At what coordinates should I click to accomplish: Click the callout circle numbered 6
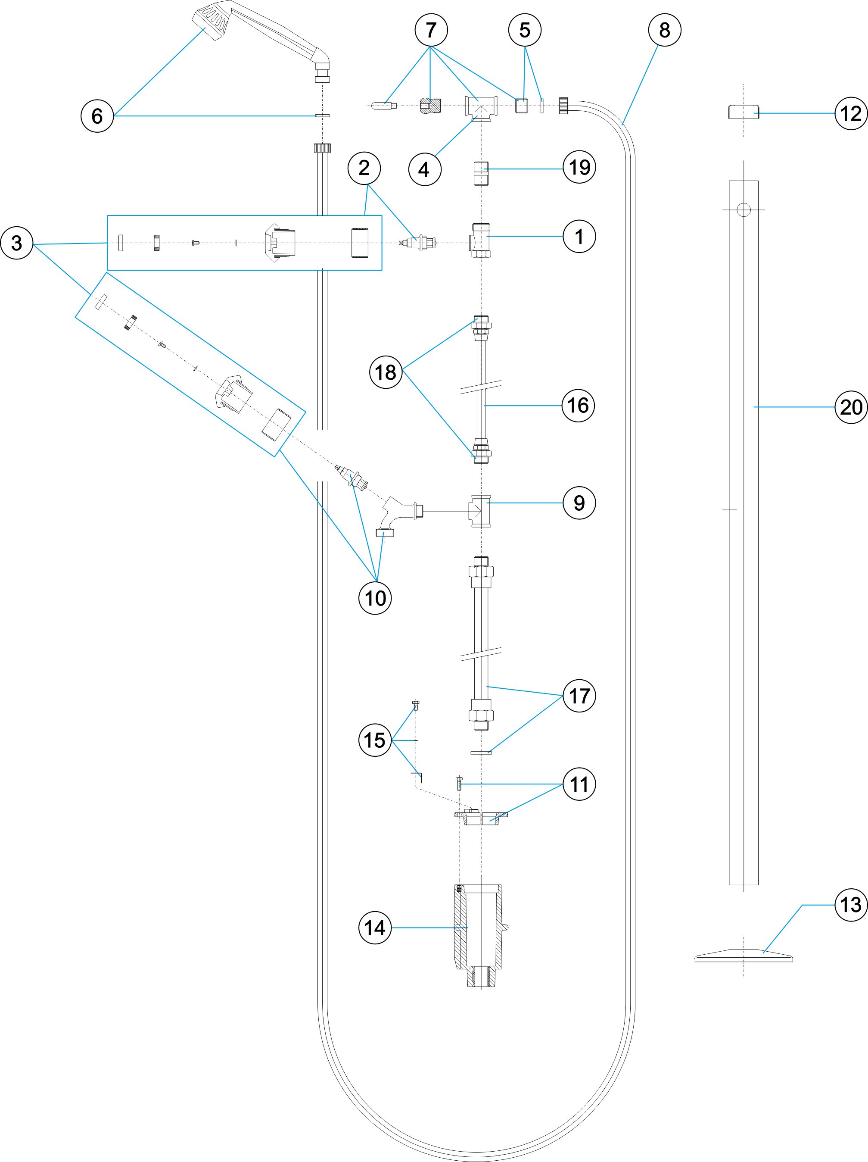tap(97, 116)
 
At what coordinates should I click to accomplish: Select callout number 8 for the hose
tap(664, 30)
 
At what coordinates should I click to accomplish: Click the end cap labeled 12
tap(744, 112)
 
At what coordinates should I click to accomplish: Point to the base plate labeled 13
tap(744, 955)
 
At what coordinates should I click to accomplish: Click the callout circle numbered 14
tap(375, 928)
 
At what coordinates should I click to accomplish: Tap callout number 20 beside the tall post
tap(851, 407)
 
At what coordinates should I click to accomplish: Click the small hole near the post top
tap(744, 209)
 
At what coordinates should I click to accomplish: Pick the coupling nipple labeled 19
tap(481, 173)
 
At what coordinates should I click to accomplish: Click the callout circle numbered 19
tap(579, 168)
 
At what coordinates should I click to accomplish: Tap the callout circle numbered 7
tap(431, 30)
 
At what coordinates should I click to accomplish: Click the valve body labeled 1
tap(480, 240)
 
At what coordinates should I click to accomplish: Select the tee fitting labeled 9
tap(480, 511)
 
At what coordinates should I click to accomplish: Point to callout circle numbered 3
tap(17, 243)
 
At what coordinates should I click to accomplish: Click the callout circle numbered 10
tap(375, 598)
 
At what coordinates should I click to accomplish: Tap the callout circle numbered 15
tap(375, 740)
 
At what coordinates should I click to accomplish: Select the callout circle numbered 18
tap(386, 372)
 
